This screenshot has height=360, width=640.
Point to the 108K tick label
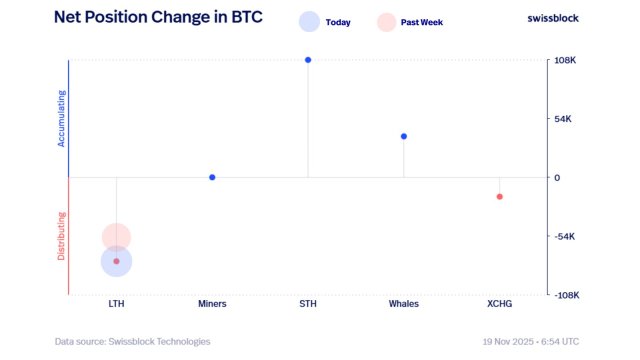point(565,60)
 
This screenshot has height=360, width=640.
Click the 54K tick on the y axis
point(563,119)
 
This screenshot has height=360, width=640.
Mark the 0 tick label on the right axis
point(558,178)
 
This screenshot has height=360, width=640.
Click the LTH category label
point(116,303)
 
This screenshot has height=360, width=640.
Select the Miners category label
point(212,303)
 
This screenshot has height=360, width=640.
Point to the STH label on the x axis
point(308,303)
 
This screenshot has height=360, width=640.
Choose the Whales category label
point(404,303)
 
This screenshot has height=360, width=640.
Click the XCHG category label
point(499,303)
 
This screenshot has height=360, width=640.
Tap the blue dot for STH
point(308,60)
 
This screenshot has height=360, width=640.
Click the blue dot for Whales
point(404,136)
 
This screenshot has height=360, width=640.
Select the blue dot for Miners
point(212,177)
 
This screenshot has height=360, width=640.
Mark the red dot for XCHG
point(499,196)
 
